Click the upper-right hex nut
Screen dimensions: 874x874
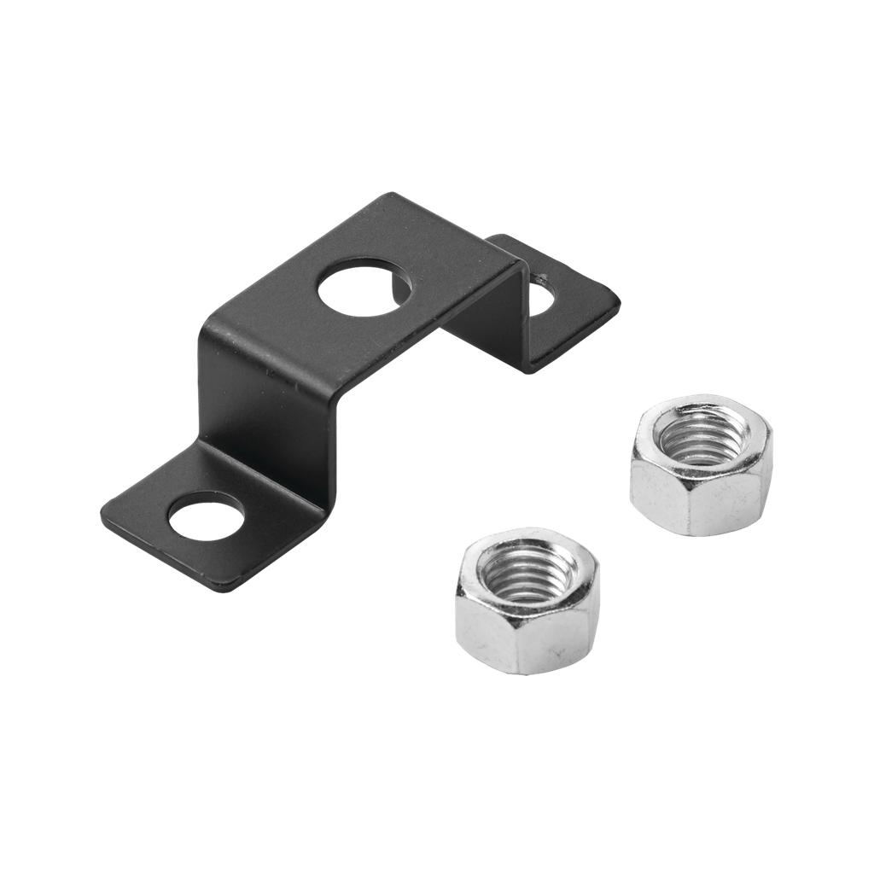[701, 465]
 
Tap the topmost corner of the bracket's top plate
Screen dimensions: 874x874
[391, 195]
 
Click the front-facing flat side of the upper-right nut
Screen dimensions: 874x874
[666, 499]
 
